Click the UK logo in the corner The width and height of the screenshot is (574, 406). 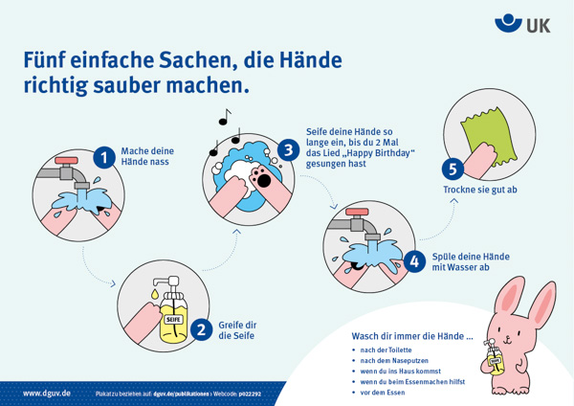523,23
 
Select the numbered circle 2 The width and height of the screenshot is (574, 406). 201,329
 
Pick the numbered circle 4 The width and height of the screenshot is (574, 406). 414,260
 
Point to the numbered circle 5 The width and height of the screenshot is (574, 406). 453,169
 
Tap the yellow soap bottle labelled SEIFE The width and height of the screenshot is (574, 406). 174,317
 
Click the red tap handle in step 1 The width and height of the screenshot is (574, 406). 68,160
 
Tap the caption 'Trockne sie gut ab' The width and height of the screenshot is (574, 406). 479,191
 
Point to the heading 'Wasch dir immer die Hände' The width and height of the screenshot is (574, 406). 412,336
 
